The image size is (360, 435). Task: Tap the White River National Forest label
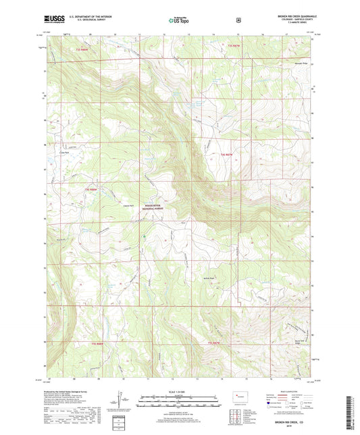tap(153, 208)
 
